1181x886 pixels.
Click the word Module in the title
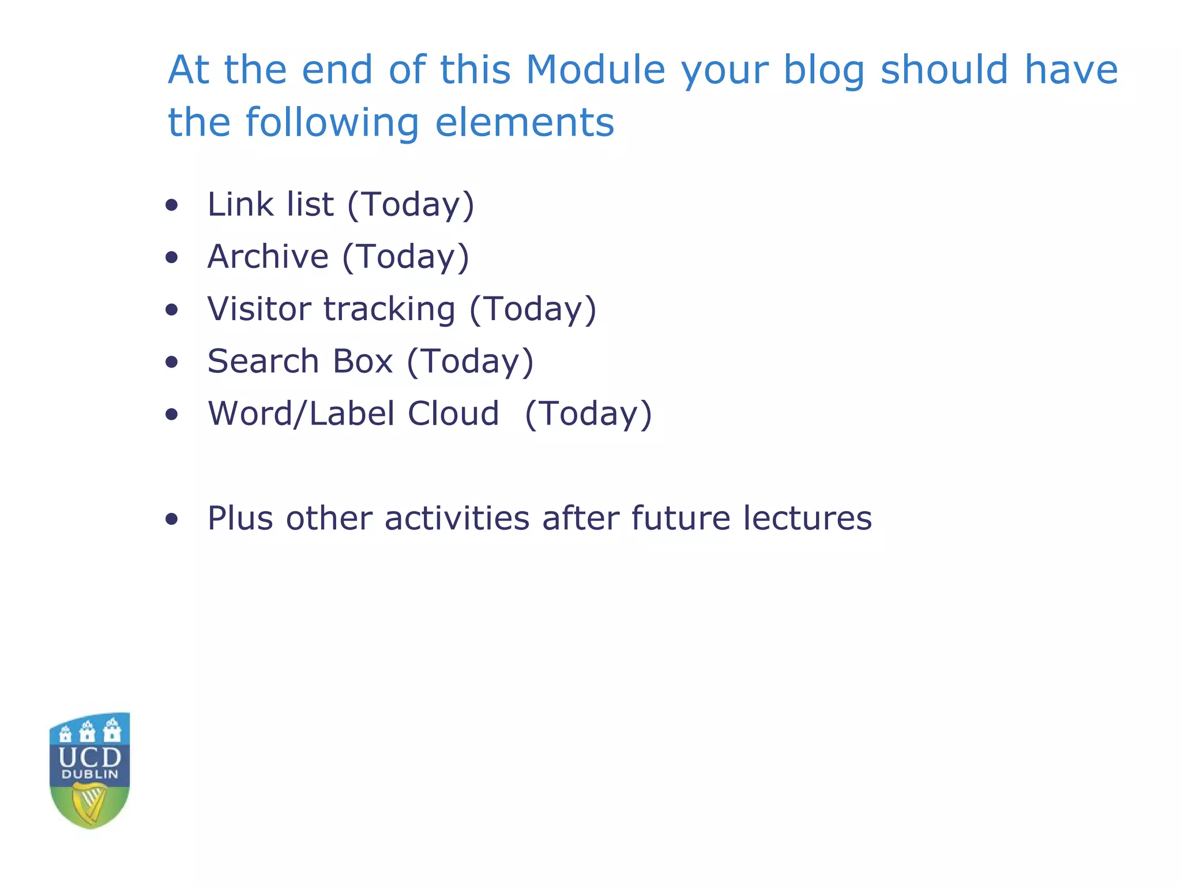tap(595, 70)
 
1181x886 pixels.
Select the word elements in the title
tap(524, 122)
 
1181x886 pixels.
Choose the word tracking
tap(389, 310)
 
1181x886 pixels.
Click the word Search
tap(264, 361)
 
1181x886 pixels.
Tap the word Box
tap(363, 361)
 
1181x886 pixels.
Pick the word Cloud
tap(453, 414)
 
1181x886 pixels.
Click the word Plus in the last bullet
tap(240, 518)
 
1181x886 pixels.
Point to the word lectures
tap(807, 518)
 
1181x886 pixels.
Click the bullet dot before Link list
tap(171, 205)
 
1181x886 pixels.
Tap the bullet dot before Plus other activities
tap(171, 519)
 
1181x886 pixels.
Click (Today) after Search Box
tap(470, 362)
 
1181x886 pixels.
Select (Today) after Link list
tap(411, 205)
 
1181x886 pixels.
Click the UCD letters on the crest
tap(90, 757)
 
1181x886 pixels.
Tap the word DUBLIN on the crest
tap(90, 774)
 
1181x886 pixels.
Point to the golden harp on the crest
tap(89, 803)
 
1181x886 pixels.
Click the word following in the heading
tap(332, 123)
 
